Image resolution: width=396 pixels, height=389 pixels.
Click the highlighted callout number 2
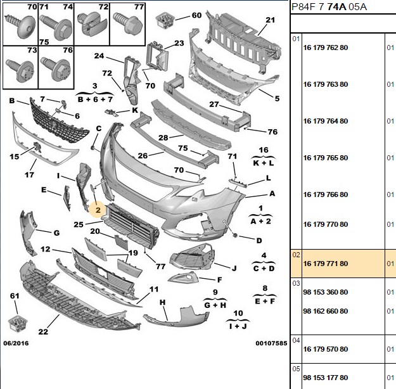(x=98, y=210)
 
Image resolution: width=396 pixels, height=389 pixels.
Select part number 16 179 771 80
(x=326, y=264)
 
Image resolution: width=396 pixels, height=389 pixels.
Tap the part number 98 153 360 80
(x=326, y=292)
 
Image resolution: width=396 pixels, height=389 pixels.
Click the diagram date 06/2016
(x=16, y=343)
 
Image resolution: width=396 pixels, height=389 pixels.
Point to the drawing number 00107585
(x=271, y=343)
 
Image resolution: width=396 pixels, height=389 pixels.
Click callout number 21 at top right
(x=270, y=20)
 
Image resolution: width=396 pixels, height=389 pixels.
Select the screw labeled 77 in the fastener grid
(x=127, y=23)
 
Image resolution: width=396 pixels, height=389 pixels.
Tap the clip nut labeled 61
(x=18, y=323)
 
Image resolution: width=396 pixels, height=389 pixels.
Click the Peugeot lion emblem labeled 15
(x=37, y=147)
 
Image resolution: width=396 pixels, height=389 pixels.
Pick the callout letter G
(x=57, y=233)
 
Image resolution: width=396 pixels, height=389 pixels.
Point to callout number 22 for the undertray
(x=43, y=331)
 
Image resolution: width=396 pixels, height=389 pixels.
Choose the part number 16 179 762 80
(x=326, y=48)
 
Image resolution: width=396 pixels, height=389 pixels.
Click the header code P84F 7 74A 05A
(x=329, y=6)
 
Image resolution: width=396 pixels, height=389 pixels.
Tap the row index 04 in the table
(x=296, y=340)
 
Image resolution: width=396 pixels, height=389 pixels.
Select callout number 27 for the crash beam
(x=214, y=104)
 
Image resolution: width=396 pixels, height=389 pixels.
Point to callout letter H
(x=163, y=302)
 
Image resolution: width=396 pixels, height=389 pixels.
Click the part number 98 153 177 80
(x=326, y=378)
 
